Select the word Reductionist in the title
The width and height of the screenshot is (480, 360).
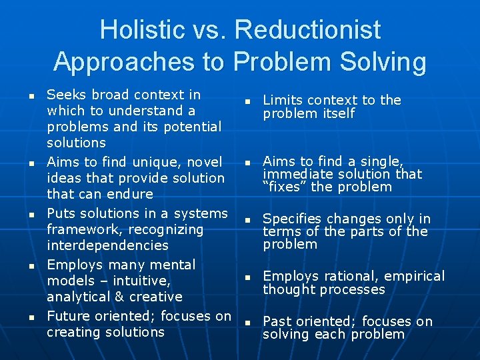pyautogui.click(x=308, y=30)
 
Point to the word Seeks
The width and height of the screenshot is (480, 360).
pyautogui.click(x=65, y=95)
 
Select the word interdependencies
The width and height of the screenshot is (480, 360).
pyautogui.click(x=107, y=245)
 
